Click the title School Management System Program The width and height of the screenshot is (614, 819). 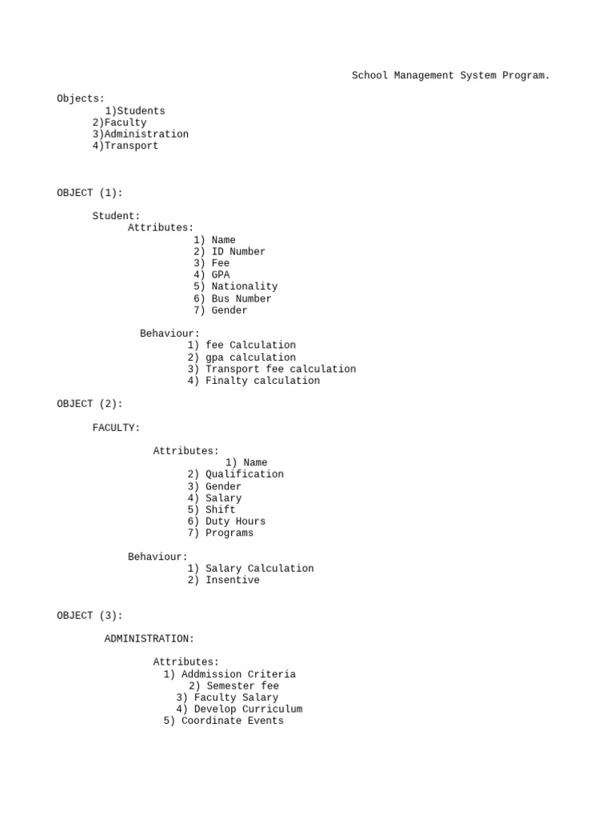(451, 76)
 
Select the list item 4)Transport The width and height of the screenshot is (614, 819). (126, 146)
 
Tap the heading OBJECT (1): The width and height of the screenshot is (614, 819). (90, 193)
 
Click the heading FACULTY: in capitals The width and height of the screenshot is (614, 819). (116, 428)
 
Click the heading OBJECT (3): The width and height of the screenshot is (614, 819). (90, 616)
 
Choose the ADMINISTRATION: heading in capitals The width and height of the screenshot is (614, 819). (149, 639)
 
